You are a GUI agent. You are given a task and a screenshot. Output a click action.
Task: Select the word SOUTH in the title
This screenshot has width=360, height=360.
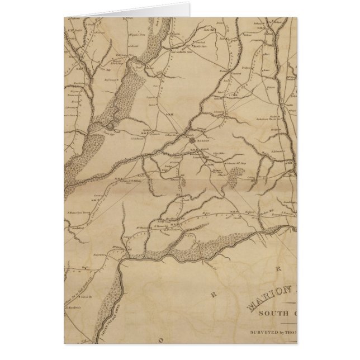pos(273,313)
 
